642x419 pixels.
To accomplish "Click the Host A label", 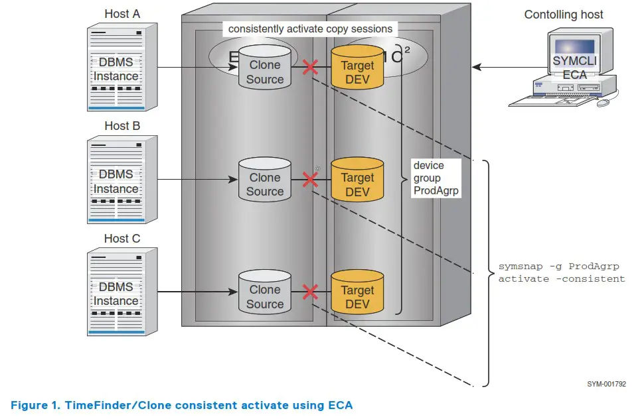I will (121, 14).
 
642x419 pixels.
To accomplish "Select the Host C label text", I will (121, 239).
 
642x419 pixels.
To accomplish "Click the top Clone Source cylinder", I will (265, 67).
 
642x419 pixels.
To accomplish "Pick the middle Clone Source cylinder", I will (265, 179).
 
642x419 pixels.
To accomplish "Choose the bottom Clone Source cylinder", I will (265, 292).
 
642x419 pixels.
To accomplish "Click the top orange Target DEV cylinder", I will (357, 67).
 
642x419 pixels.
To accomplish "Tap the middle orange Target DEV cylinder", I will (357, 179).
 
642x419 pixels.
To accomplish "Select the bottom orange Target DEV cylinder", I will (357, 292).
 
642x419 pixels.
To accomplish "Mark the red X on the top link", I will (310, 66).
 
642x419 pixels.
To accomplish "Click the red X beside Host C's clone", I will (310, 291).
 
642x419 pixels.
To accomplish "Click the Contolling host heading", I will (564, 15).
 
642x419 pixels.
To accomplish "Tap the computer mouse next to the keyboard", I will (603, 103).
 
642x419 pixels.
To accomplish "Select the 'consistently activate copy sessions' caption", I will (310, 29).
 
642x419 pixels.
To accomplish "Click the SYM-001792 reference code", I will (606, 384).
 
